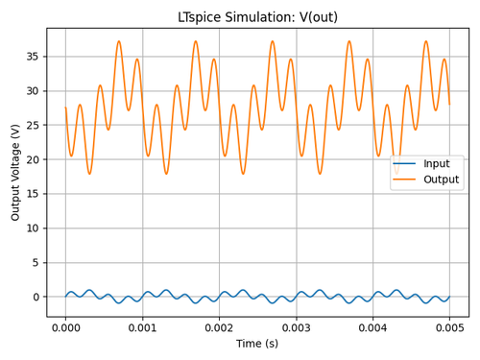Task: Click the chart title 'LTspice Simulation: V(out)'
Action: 257,17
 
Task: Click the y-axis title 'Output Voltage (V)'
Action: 16,173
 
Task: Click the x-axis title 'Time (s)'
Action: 257,344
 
